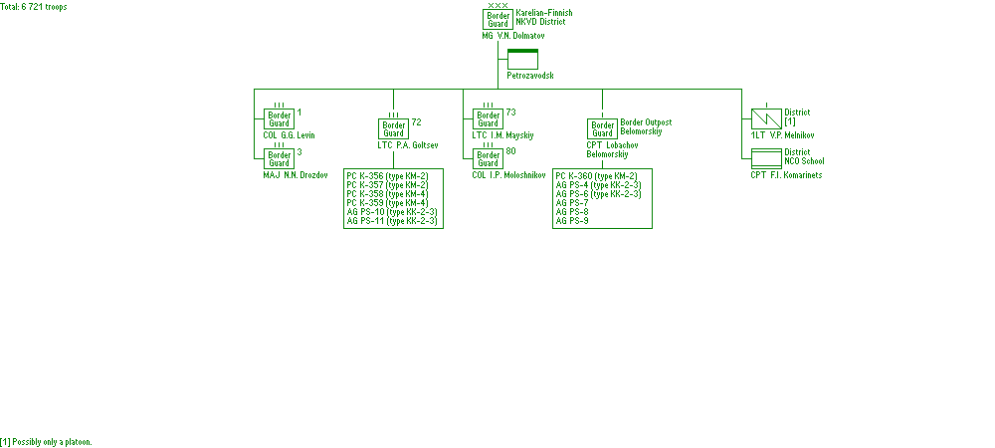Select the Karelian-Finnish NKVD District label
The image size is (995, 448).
(x=543, y=17)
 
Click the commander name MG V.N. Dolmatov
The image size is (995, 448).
(x=513, y=36)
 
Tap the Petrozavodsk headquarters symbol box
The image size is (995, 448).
(x=522, y=59)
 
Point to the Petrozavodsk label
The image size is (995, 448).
(x=530, y=76)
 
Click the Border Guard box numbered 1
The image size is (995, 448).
(x=280, y=118)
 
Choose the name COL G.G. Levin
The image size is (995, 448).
(x=289, y=135)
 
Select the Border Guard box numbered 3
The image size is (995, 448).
(x=280, y=158)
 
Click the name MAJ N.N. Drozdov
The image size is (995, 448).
(x=296, y=175)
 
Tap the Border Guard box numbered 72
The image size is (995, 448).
(x=394, y=128)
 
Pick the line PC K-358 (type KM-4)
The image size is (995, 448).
(x=387, y=193)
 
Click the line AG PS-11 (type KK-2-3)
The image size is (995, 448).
(x=392, y=220)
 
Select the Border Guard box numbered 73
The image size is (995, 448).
(x=489, y=118)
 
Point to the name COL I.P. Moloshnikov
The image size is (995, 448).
(x=508, y=175)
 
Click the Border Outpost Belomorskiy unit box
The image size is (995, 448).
(x=602, y=128)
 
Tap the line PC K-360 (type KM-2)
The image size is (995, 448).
(x=596, y=175)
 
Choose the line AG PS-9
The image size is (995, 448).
(x=572, y=220)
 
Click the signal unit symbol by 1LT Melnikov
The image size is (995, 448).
(x=766, y=118)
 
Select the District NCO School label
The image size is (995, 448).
(x=804, y=156)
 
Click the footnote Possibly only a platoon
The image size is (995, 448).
(x=46, y=441)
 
